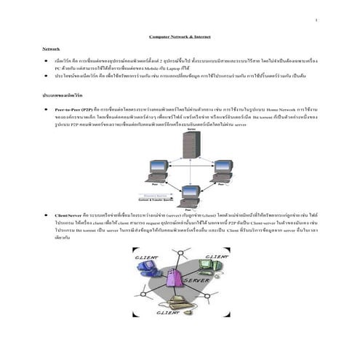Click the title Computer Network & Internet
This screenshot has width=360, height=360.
(180, 35)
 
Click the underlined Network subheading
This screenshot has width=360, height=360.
(51, 48)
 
